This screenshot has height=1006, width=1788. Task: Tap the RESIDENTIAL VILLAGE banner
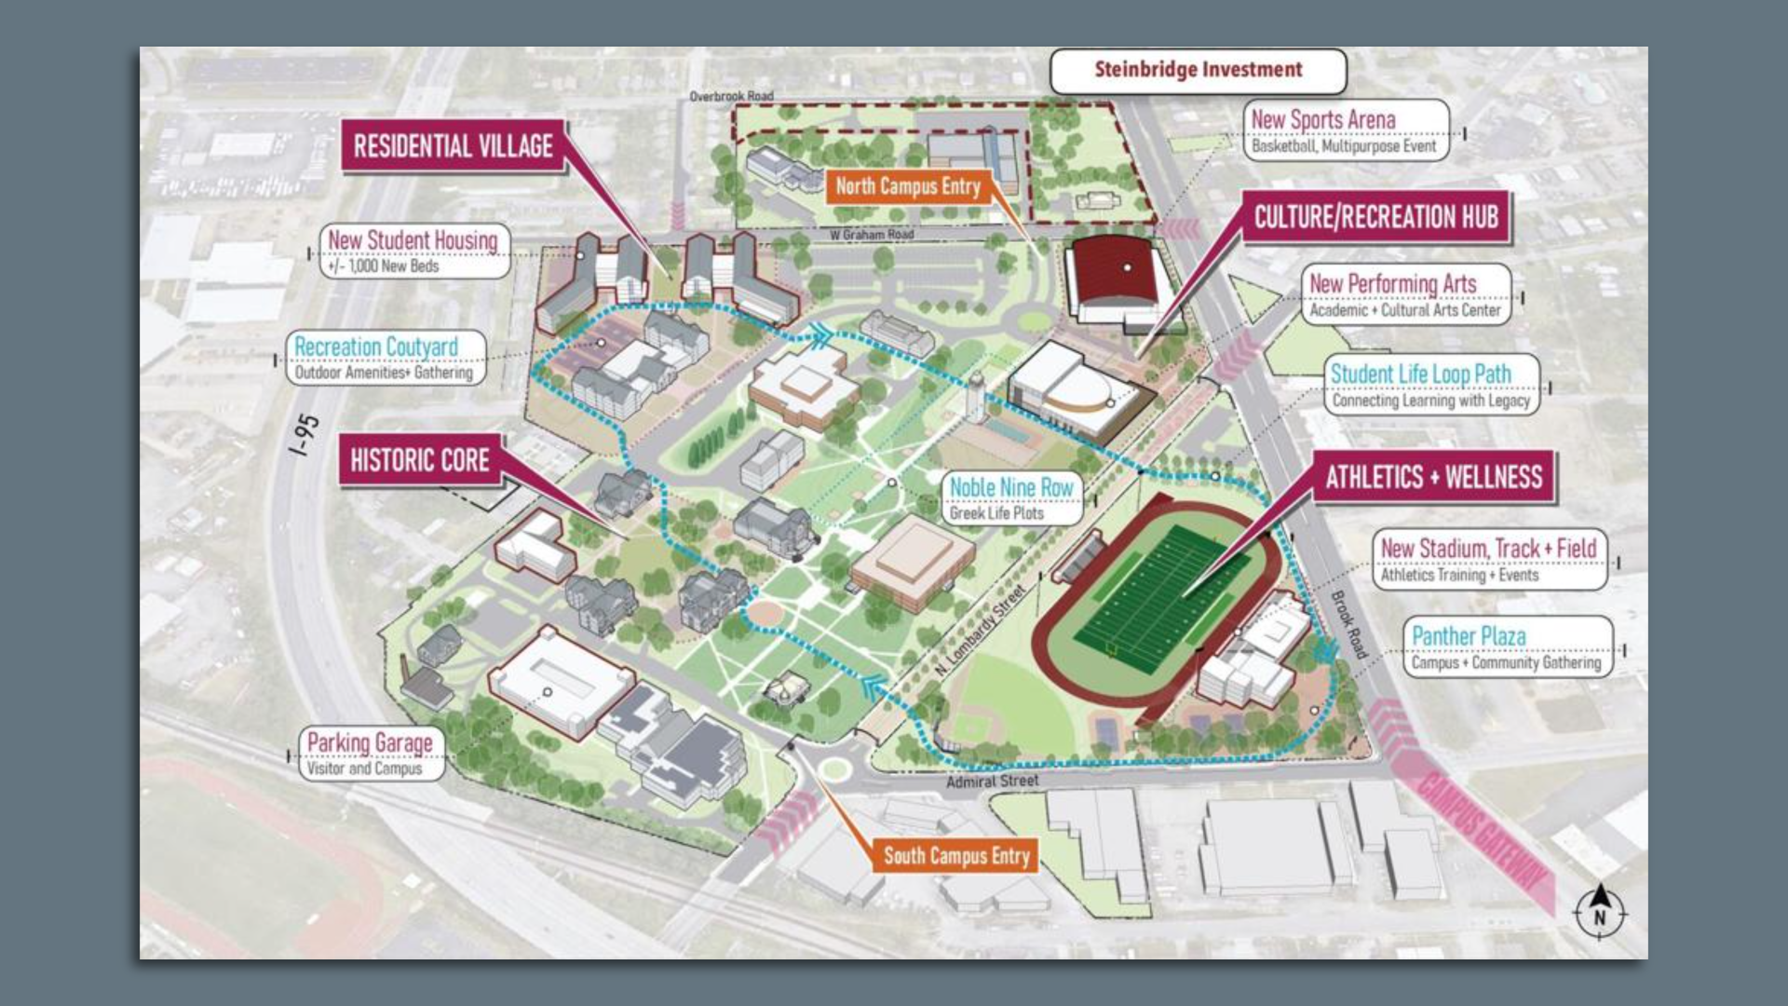[x=453, y=146]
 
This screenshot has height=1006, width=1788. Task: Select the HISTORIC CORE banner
[x=419, y=460]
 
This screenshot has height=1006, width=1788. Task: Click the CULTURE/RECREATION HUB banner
[x=1375, y=218]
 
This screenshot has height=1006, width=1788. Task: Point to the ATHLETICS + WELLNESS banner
[x=1433, y=478]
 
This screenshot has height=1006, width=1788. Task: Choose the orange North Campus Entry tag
[x=907, y=186]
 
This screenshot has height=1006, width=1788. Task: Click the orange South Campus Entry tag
[x=955, y=855]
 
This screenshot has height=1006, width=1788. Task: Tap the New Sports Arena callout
[x=1346, y=131]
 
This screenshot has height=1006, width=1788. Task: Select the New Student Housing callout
[x=413, y=251]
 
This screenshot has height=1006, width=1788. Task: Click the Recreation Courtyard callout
[x=383, y=358]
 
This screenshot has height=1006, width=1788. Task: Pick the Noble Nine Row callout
[x=1011, y=498]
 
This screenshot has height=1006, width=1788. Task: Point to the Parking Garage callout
[x=370, y=754]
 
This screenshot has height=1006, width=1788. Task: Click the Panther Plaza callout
[x=1506, y=647]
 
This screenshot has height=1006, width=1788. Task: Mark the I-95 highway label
[x=305, y=435]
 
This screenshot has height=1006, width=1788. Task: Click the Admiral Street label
[x=992, y=782]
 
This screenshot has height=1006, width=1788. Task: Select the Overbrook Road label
[x=731, y=96]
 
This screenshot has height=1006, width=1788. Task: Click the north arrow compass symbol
[x=1599, y=911]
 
